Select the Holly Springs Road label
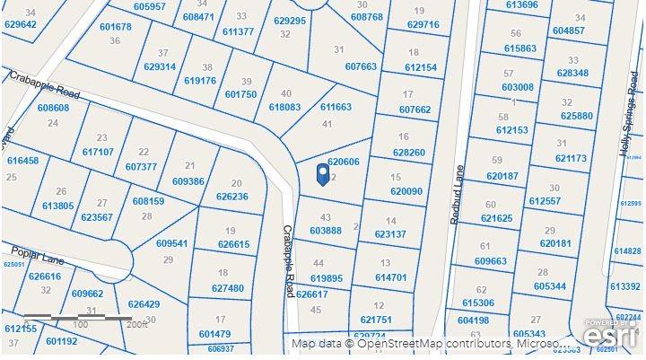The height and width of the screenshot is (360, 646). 632,121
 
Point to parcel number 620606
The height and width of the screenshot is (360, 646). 343,162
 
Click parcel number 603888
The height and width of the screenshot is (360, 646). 326,231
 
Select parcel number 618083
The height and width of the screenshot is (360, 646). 284,107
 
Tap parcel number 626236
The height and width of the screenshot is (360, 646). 231,197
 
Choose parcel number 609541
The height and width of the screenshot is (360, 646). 172,243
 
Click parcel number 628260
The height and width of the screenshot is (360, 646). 409,153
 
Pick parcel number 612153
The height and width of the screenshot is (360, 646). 512,131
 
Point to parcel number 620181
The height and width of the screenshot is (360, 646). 557,243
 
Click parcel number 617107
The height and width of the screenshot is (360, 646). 98,152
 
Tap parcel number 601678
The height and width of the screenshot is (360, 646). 116,27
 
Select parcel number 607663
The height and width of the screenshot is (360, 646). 361,66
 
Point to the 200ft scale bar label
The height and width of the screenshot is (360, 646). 136,325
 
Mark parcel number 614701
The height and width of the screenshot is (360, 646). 391,277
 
